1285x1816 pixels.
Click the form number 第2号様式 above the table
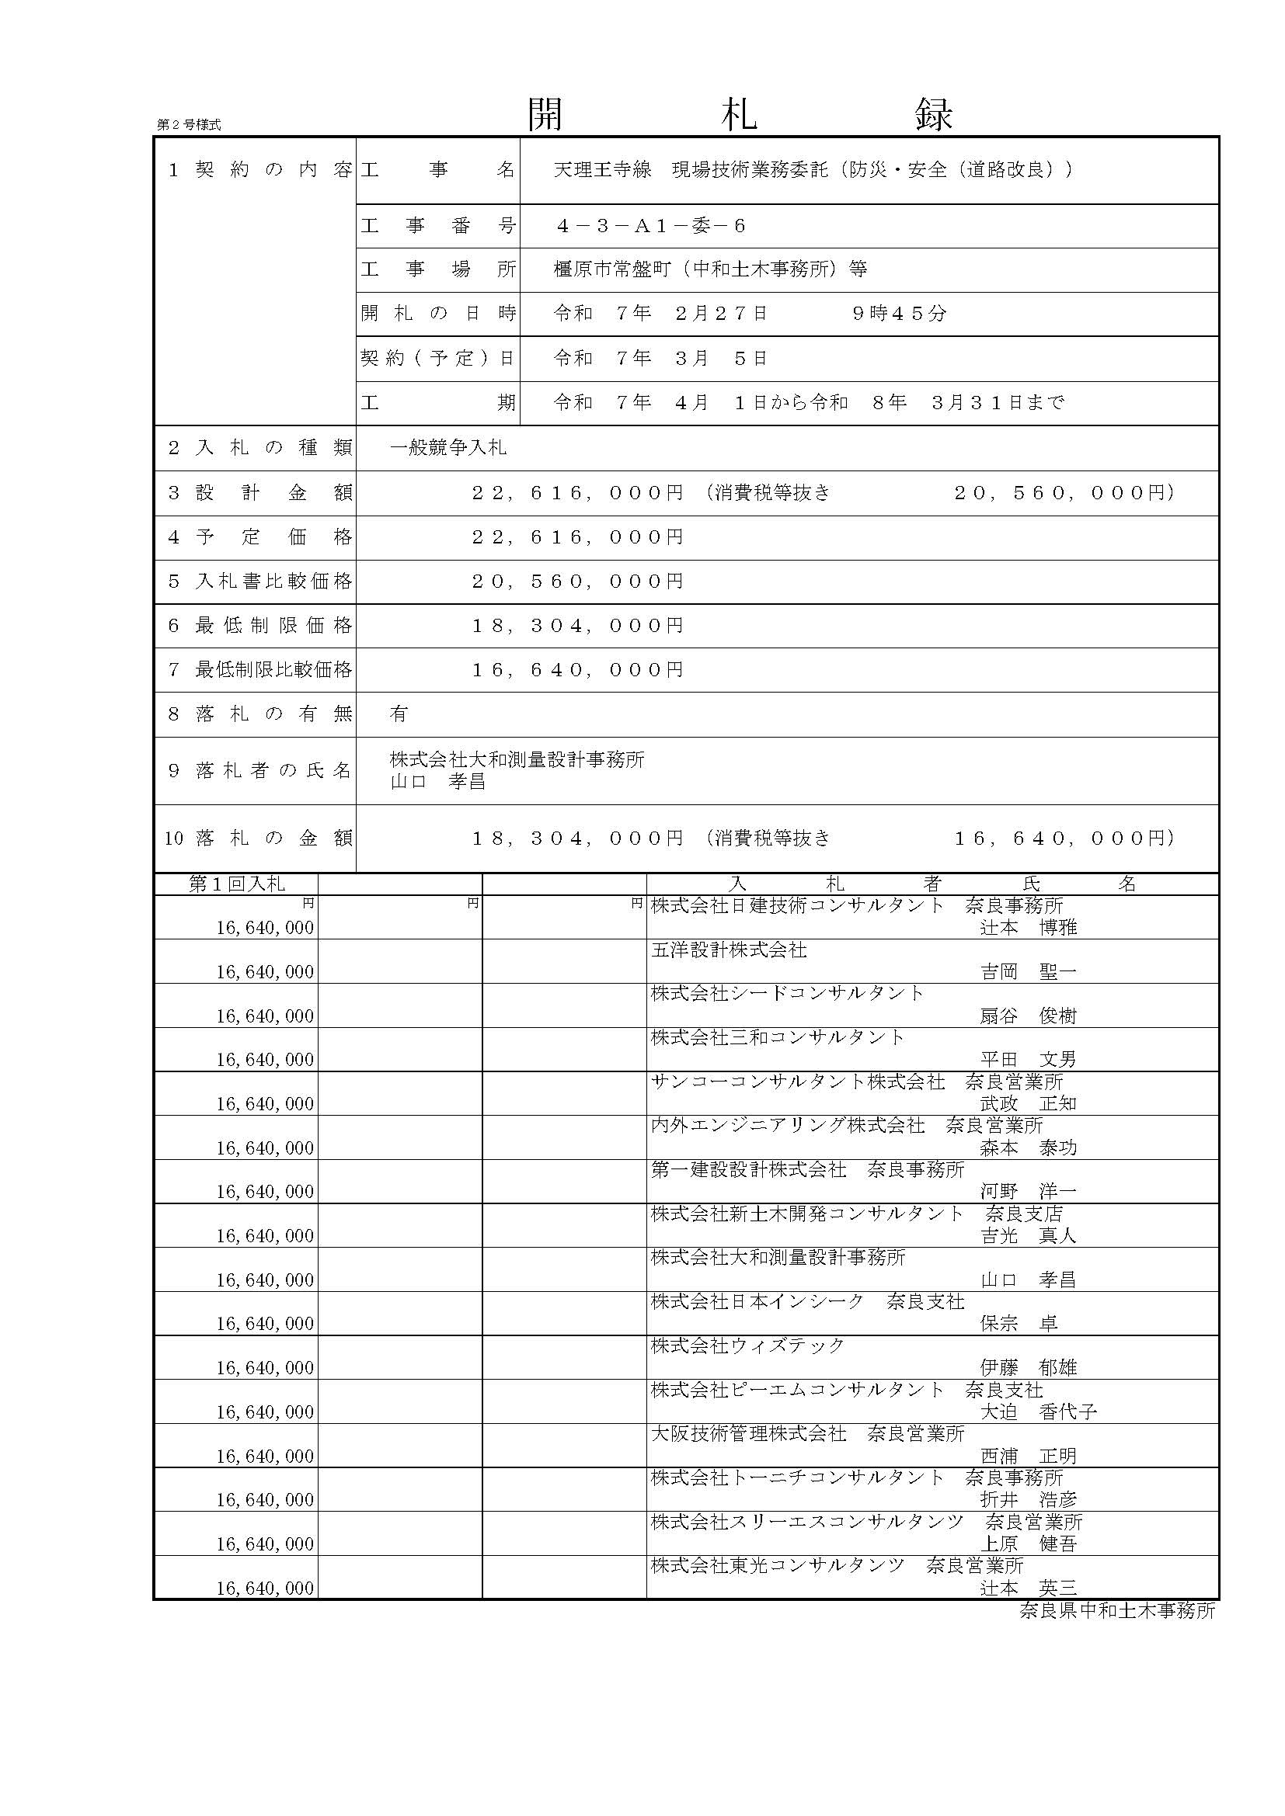[188, 125]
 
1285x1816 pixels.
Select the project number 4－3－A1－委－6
[651, 226]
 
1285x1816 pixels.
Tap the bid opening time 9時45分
[899, 313]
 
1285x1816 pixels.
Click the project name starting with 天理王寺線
[813, 169]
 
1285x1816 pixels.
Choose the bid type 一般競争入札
[447, 448]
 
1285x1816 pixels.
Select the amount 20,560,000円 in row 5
[577, 582]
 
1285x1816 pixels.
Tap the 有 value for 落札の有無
[399, 714]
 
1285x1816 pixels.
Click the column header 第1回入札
[237, 884]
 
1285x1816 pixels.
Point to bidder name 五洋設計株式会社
[729, 950]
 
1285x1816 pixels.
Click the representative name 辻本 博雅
[1029, 927]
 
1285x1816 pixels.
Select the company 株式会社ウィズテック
[747, 1346]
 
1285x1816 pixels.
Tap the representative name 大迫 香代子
[1038, 1411]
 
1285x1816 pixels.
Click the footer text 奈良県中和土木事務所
[1116, 1610]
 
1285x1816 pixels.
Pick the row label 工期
[437, 403]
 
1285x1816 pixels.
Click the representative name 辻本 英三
[1029, 1588]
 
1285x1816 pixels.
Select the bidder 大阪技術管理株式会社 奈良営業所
[807, 1433]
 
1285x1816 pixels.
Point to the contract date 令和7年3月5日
[660, 358]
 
